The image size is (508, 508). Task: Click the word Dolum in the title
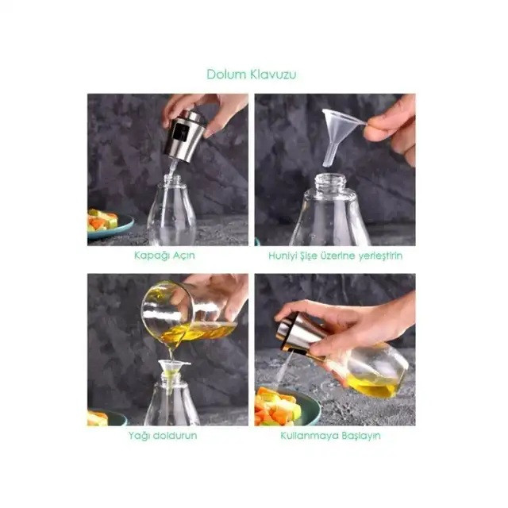226,75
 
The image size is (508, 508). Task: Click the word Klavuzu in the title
273,75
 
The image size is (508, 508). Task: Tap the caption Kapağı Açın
164,256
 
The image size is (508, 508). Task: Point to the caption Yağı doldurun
163,436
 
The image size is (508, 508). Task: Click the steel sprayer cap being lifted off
184,136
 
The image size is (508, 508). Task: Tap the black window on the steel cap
180,133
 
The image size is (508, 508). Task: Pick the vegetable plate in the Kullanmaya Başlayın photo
286,406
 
